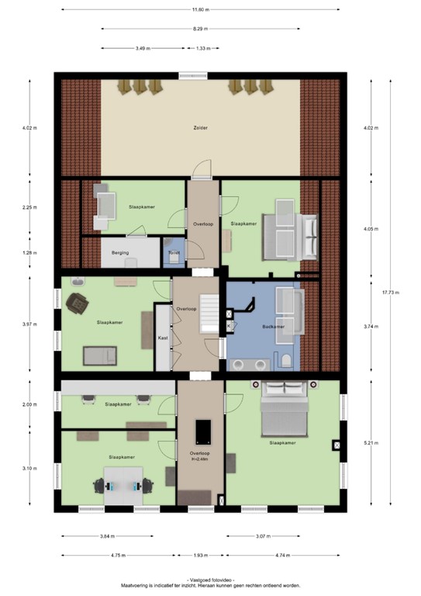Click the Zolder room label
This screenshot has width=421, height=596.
point(200,127)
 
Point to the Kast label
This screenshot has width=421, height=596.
point(163,338)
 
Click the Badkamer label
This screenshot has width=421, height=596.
point(274,327)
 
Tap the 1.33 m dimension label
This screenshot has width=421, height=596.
point(202,48)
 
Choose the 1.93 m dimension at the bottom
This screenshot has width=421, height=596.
point(201,556)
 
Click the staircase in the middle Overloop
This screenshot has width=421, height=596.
point(207,304)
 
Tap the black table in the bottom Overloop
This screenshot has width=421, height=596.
point(203,429)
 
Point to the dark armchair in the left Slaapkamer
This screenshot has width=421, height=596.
point(77,303)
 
